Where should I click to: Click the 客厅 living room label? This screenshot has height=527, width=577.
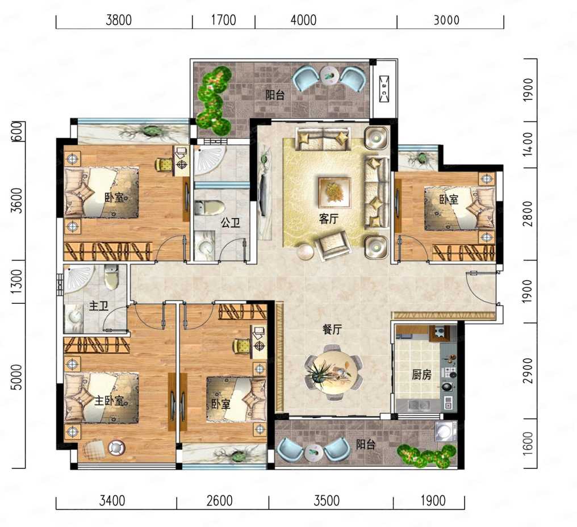tap(329, 219)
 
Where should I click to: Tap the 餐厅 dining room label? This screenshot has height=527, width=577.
tap(332, 329)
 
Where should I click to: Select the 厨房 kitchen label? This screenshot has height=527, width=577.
tap(421, 375)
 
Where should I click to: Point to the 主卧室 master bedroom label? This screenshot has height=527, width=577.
tap(109, 400)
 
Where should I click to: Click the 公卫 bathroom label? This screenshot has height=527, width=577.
tap(231, 222)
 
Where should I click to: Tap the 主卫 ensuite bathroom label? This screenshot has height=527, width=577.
tap(99, 306)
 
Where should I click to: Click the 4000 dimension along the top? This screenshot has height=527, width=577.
tap(304, 20)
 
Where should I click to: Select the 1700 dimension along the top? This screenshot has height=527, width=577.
tap(223, 20)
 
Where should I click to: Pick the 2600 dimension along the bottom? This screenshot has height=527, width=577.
tap(219, 500)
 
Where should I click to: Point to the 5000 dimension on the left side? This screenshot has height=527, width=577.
tap(16, 377)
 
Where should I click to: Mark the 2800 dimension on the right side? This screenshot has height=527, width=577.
tap(528, 214)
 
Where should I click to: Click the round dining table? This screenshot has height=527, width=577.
tap(333, 373)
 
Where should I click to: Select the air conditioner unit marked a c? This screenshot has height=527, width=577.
tap(384, 89)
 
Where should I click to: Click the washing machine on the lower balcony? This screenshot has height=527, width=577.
tap(445, 432)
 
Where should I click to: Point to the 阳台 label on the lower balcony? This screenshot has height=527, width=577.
tap(365, 445)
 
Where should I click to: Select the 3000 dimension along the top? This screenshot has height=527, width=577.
tap(446, 20)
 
